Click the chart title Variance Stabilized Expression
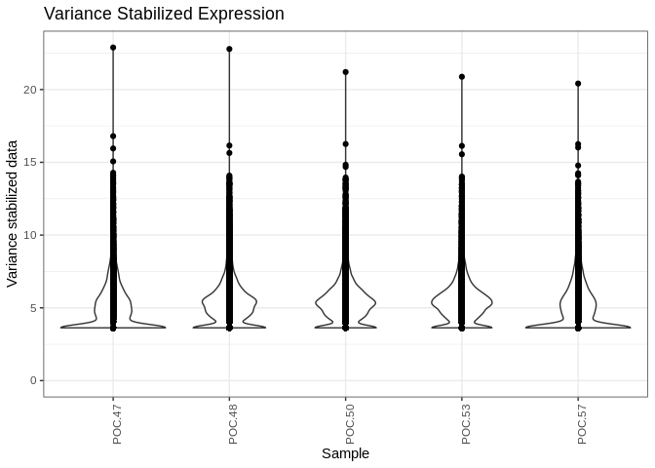tap(164, 14)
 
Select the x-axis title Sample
tap(345, 453)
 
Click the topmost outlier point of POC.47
tap(113, 47)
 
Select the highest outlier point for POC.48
tap(229, 49)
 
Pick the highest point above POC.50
tap(345, 72)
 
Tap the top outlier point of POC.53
tap(462, 76)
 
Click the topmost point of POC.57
tap(578, 84)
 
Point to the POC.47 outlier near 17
tap(113, 136)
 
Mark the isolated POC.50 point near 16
tap(345, 143)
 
